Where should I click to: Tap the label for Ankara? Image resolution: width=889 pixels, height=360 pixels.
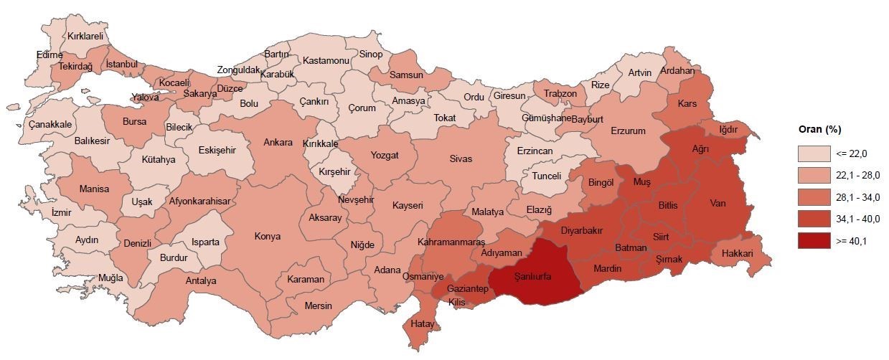click(278, 142)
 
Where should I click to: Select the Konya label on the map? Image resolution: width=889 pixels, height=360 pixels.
click(268, 236)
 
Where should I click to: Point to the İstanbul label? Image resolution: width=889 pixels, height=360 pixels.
click(121, 65)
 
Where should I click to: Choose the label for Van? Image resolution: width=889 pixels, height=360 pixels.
click(718, 203)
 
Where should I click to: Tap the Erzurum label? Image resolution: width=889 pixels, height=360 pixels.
click(629, 131)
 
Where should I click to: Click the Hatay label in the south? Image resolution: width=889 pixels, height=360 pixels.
click(423, 325)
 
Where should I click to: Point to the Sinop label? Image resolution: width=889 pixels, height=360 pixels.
click(371, 54)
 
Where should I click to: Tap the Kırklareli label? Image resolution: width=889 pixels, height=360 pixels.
click(85, 35)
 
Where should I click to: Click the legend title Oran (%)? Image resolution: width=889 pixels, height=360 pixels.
click(819, 130)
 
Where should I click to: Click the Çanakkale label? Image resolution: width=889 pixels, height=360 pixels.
click(50, 124)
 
